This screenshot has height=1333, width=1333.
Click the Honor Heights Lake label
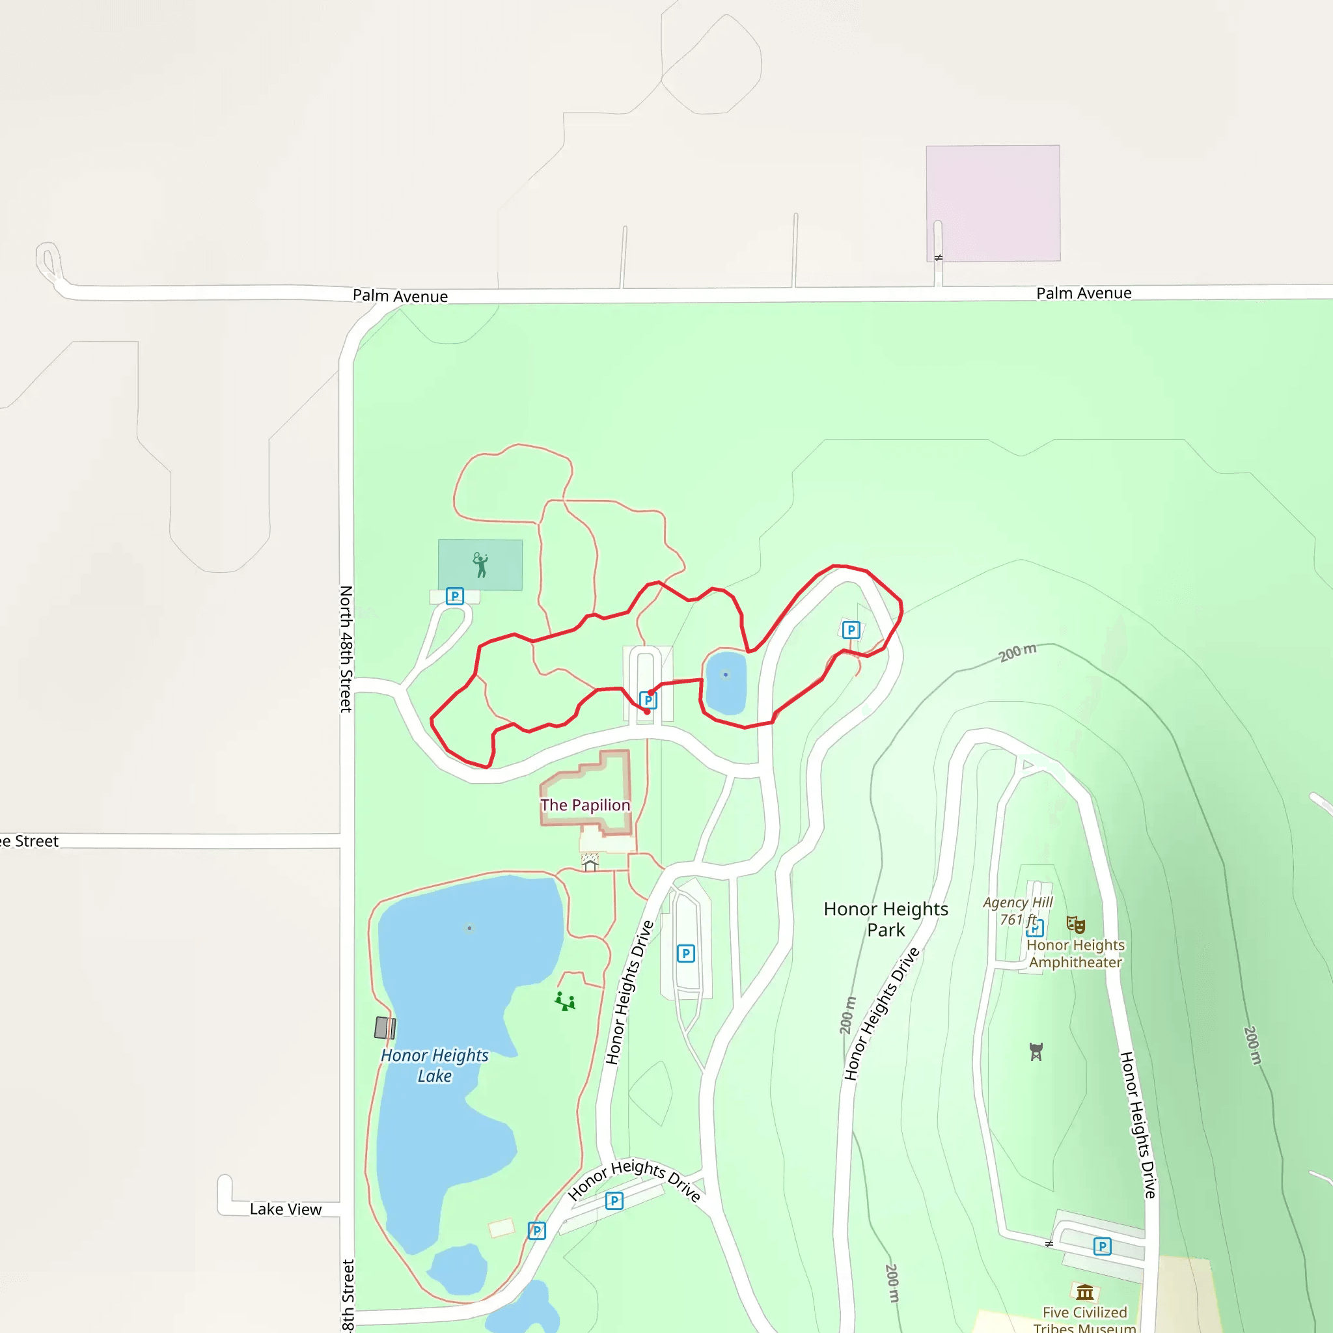click(435, 1065)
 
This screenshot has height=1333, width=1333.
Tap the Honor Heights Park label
click(886, 919)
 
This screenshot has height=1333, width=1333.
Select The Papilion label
click(585, 805)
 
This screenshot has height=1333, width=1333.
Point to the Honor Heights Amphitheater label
click(1076, 954)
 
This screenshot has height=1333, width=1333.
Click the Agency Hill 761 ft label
click(1018, 911)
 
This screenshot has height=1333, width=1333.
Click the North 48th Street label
click(346, 648)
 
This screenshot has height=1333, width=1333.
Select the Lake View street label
click(286, 1209)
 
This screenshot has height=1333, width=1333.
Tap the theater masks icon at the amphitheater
click(1076, 924)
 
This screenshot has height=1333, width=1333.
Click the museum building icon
click(1084, 1291)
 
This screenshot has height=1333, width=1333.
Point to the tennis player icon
click(480, 565)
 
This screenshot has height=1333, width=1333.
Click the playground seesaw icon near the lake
click(565, 1001)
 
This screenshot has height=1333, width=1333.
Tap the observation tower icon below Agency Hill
click(1036, 1052)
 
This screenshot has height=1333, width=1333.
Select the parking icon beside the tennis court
click(455, 596)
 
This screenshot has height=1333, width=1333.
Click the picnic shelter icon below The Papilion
click(590, 862)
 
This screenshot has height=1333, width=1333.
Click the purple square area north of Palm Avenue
click(993, 203)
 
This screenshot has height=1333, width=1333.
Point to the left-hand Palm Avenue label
click(400, 296)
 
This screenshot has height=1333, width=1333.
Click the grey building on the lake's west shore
click(384, 1028)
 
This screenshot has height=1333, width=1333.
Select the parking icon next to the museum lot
click(1102, 1246)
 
